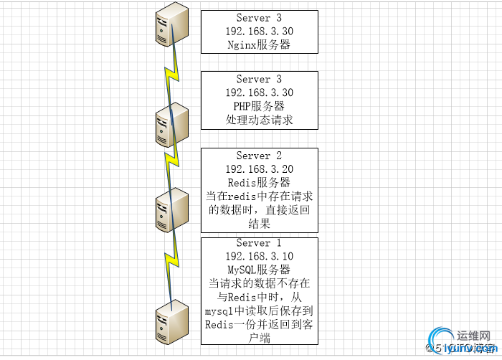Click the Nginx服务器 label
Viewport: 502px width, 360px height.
pyautogui.click(x=259, y=45)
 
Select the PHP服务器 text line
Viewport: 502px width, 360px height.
pyautogui.click(x=259, y=106)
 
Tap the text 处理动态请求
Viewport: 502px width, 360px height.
pyautogui.click(x=259, y=120)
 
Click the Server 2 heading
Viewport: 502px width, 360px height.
pyautogui.click(x=259, y=156)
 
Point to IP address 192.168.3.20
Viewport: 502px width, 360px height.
pyautogui.click(x=259, y=169)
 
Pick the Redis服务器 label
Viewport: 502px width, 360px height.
pyautogui.click(x=259, y=183)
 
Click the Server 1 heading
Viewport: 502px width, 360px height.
pyautogui.click(x=259, y=243)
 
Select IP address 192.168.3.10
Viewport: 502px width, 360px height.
pyautogui.click(x=259, y=257)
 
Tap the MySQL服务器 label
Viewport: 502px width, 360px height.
pyautogui.click(x=259, y=270)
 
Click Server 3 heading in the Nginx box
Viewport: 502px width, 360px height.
pyautogui.click(x=259, y=18)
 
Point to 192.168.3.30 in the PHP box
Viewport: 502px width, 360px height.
pyautogui.click(x=259, y=93)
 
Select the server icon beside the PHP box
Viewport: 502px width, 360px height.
pyautogui.click(x=172, y=124)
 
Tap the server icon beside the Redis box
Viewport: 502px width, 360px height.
pyautogui.click(x=172, y=209)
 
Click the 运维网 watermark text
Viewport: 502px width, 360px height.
pyautogui.click(x=473, y=335)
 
